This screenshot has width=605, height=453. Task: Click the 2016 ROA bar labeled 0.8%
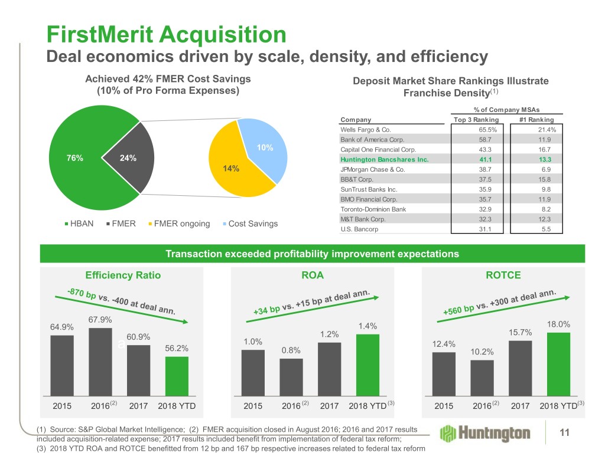(x=291, y=377)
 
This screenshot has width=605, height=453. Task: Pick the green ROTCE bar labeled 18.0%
(x=558, y=364)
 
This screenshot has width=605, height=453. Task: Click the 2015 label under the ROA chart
(x=253, y=406)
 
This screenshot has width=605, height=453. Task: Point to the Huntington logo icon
(x=450, y=434)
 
